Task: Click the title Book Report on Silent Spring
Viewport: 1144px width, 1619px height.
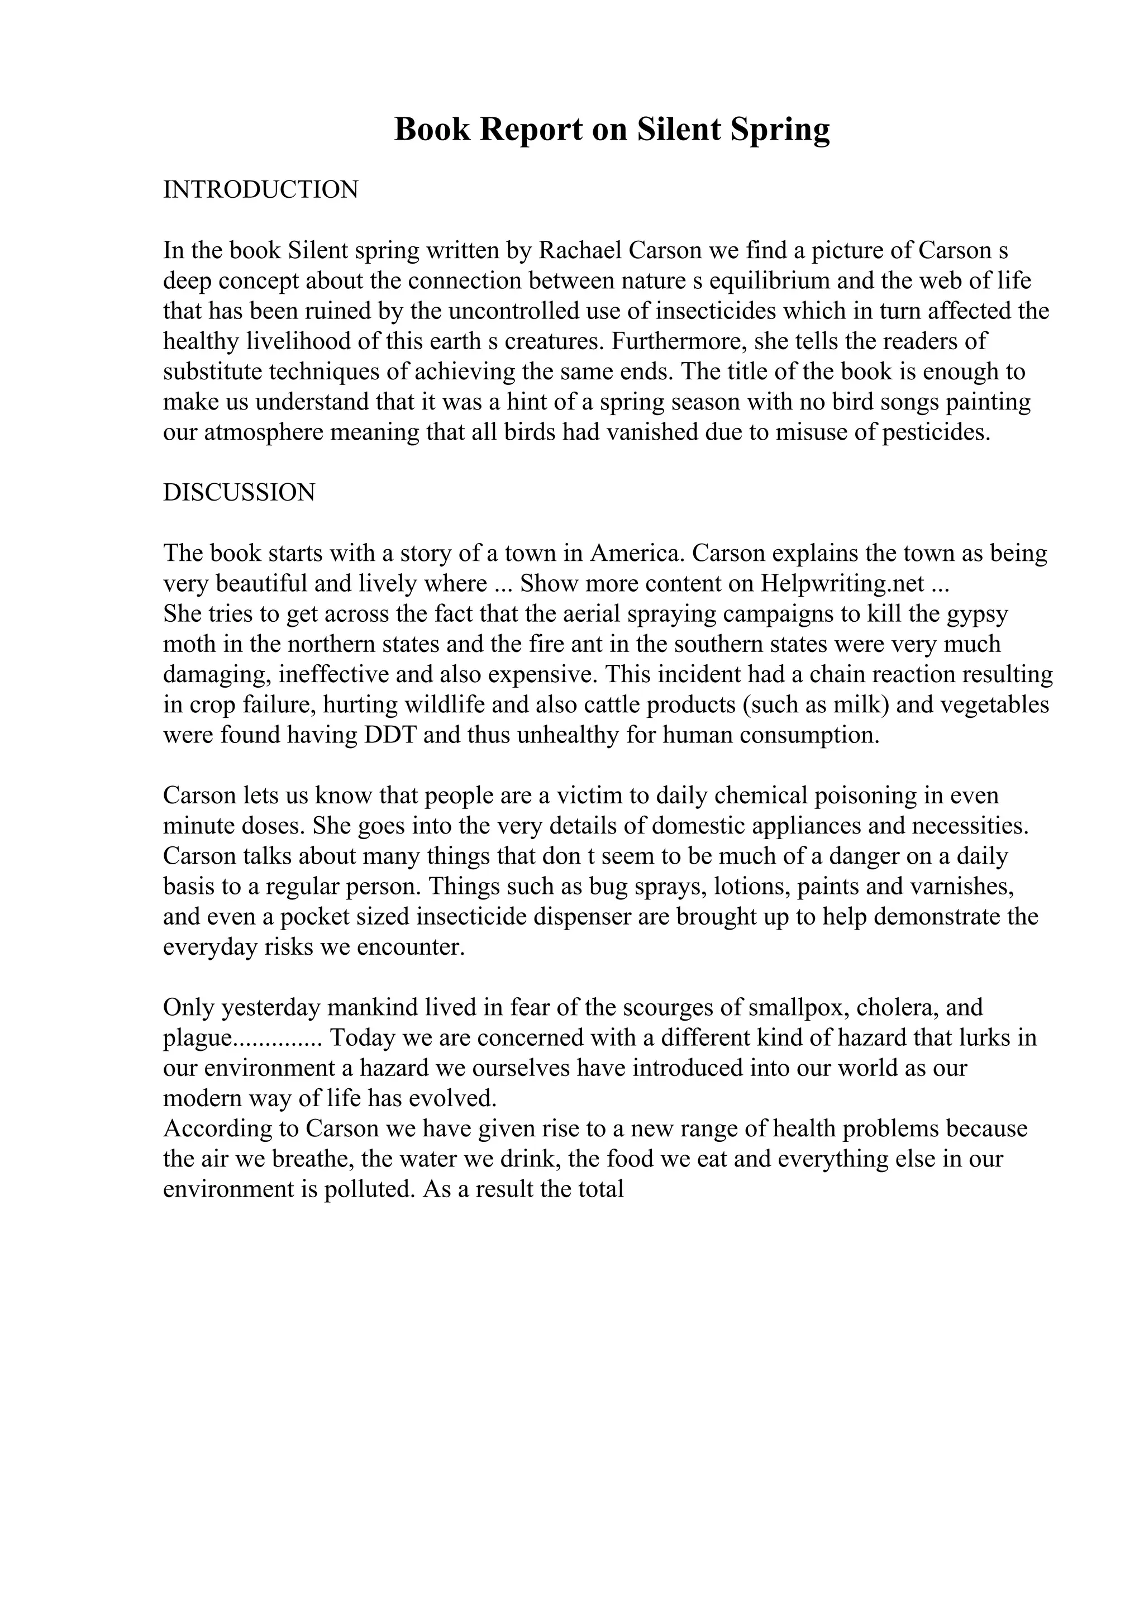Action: [612, 130]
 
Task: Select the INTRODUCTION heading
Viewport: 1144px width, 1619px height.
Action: [261, 190]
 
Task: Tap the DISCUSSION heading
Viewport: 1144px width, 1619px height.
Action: [239, 492]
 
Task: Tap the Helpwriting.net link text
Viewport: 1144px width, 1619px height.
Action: [842, 584]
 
